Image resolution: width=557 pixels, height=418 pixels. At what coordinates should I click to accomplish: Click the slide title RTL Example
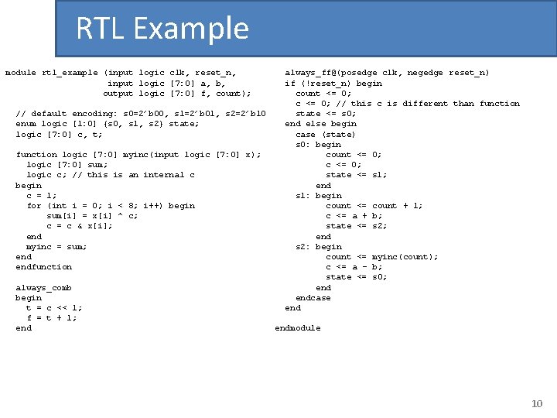click(162, 29)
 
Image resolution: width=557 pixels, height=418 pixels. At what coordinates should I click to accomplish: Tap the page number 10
click(538, 403)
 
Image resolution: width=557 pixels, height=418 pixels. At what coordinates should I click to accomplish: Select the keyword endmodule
click(297, 328)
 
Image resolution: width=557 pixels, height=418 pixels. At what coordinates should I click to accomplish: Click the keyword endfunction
click(43, 267)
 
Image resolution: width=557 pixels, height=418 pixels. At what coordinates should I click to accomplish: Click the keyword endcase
click(313, 298)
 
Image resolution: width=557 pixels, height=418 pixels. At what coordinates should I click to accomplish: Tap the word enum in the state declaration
click(26, 124)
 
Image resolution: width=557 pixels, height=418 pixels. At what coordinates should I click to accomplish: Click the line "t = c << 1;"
click(54, 308)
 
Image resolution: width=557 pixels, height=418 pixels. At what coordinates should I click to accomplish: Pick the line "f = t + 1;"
click(52, 318)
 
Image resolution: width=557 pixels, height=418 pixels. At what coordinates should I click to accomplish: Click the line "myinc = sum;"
click(56, 247)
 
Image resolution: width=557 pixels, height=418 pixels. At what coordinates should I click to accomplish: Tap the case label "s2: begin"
click(318, 247)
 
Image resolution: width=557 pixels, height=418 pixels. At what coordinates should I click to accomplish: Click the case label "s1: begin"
click(318, 196)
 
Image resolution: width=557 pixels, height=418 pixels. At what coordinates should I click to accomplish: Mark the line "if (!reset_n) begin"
click(333, 83)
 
